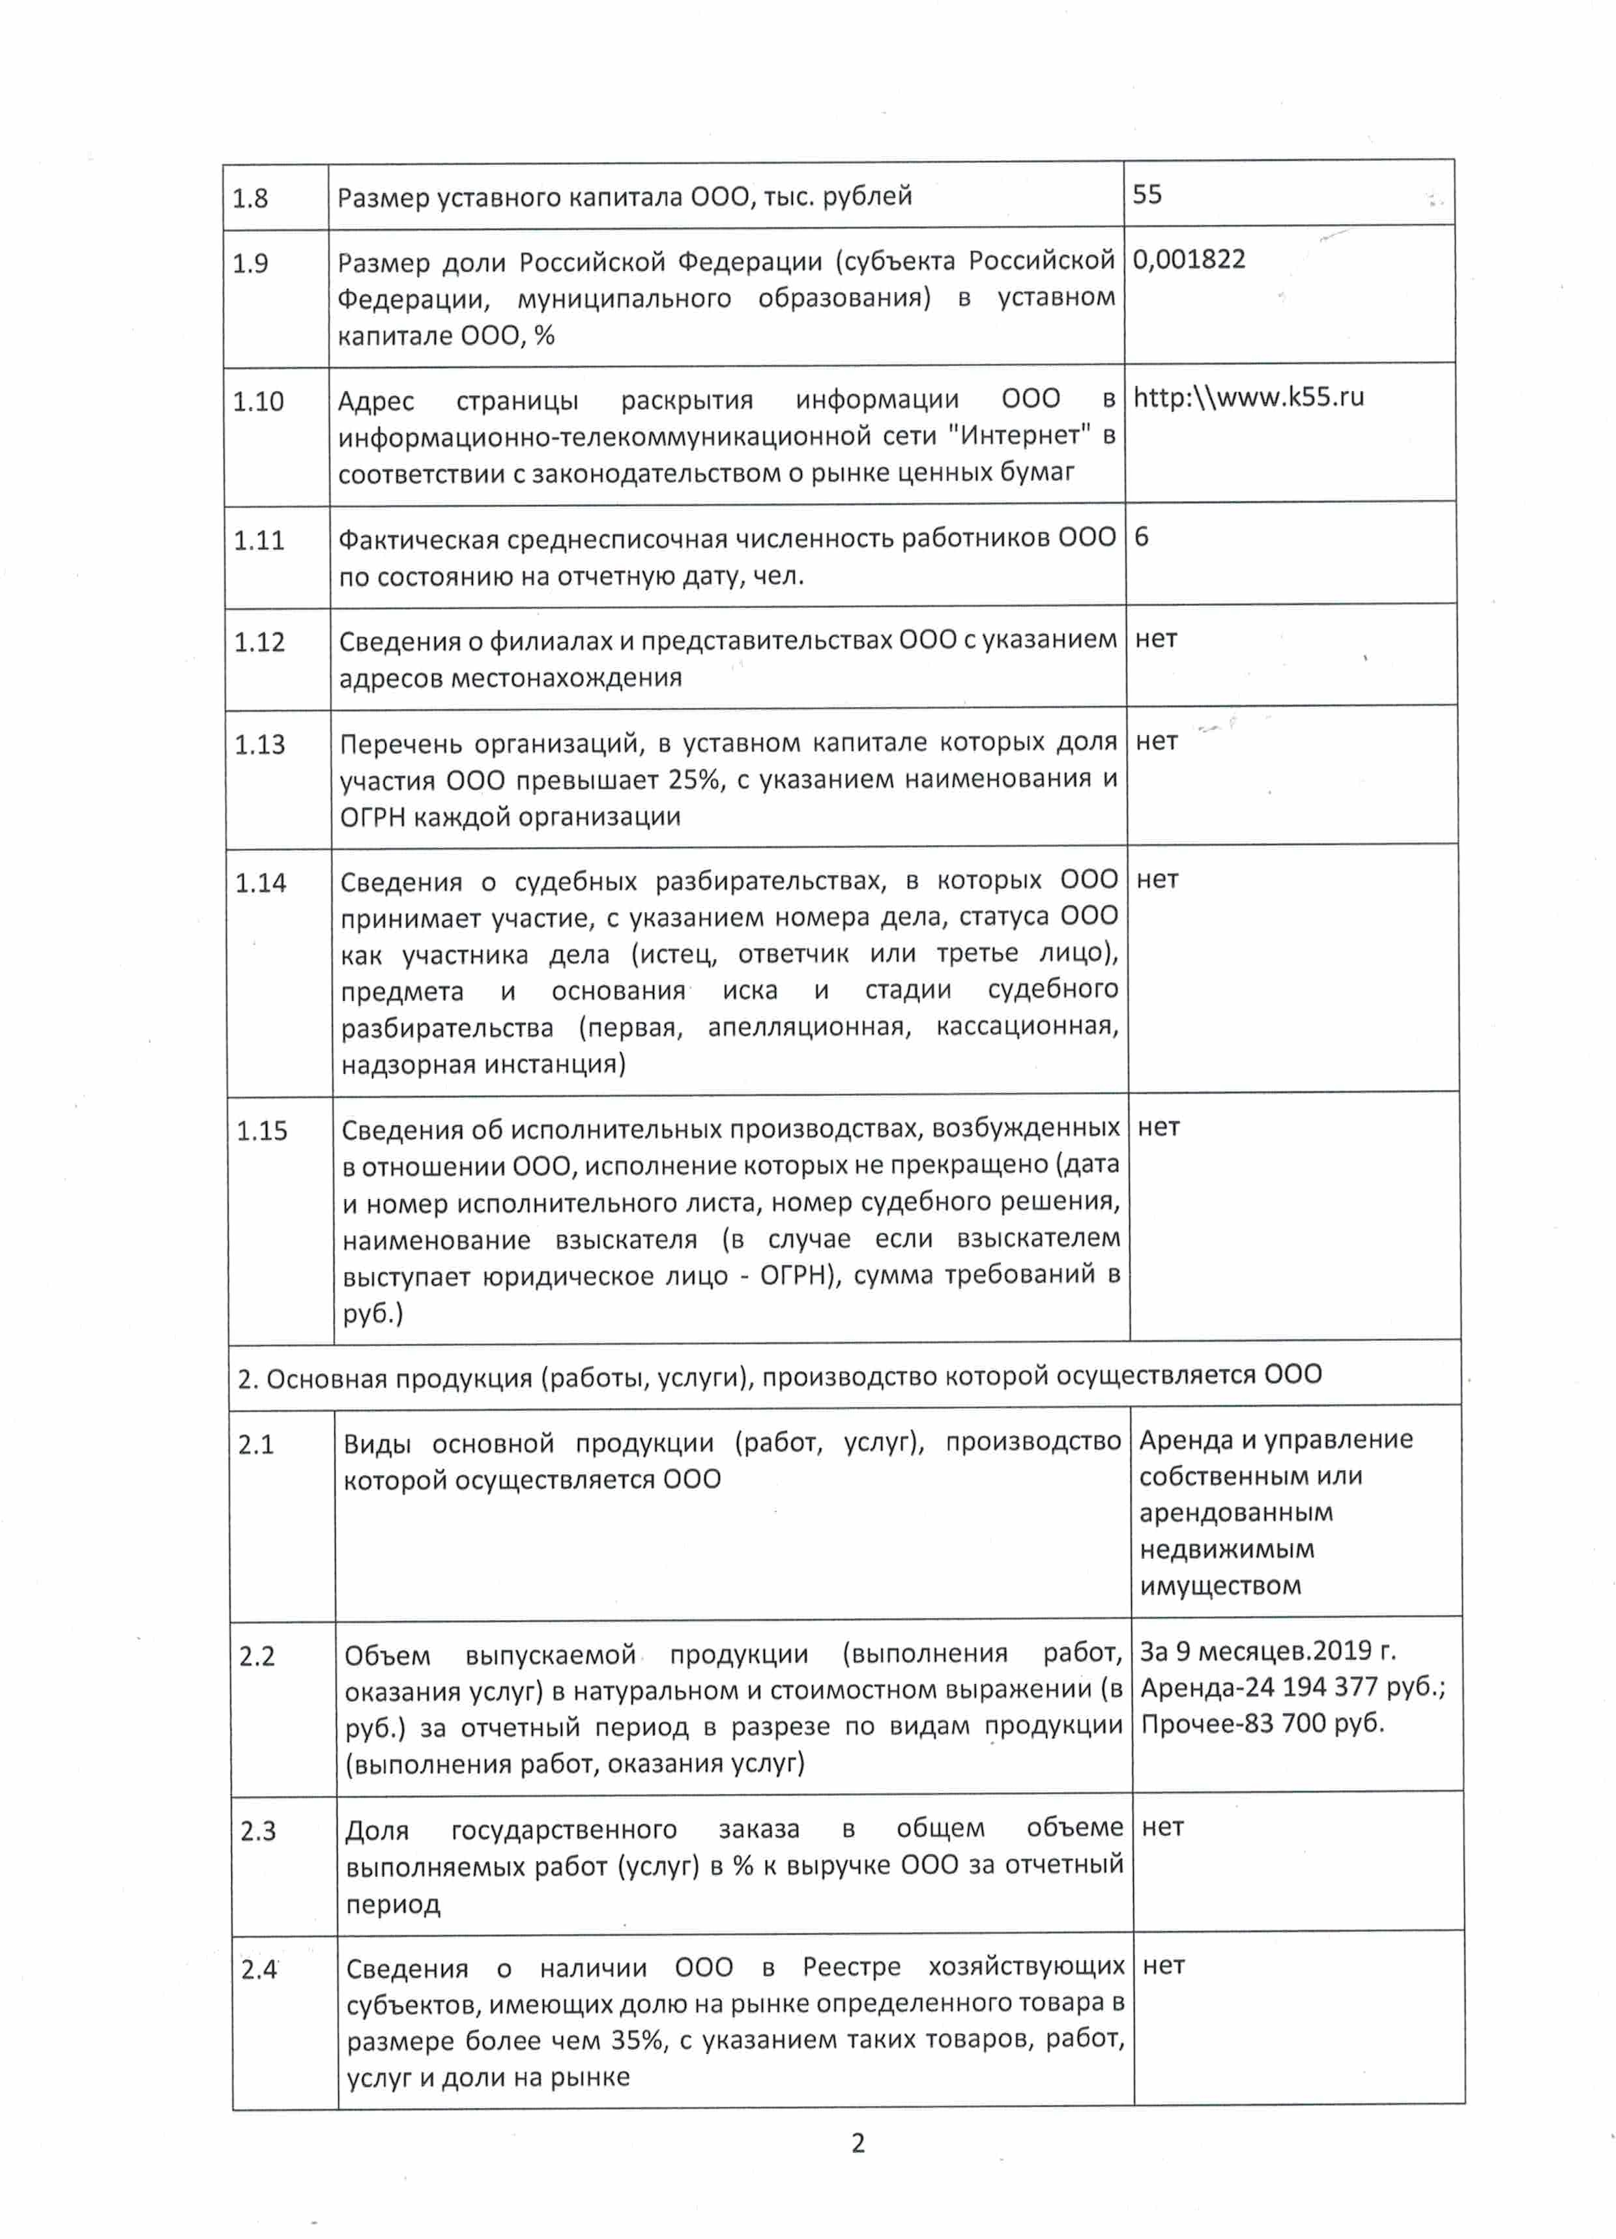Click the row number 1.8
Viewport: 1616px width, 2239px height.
[250, 199]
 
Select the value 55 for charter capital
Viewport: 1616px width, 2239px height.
[1147, 194]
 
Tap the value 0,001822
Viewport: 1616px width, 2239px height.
[1189, 259]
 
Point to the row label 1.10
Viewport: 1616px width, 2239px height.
[257, 402]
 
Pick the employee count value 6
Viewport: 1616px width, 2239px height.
[1141, 537]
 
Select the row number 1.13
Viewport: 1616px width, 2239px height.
[259, 744]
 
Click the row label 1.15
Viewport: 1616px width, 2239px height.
[261, 1131]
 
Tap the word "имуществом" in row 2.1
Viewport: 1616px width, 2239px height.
[1220, 1587]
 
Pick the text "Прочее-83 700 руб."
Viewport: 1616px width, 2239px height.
[1263, 1724]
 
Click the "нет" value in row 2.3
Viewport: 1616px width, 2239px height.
[1162, 1827]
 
